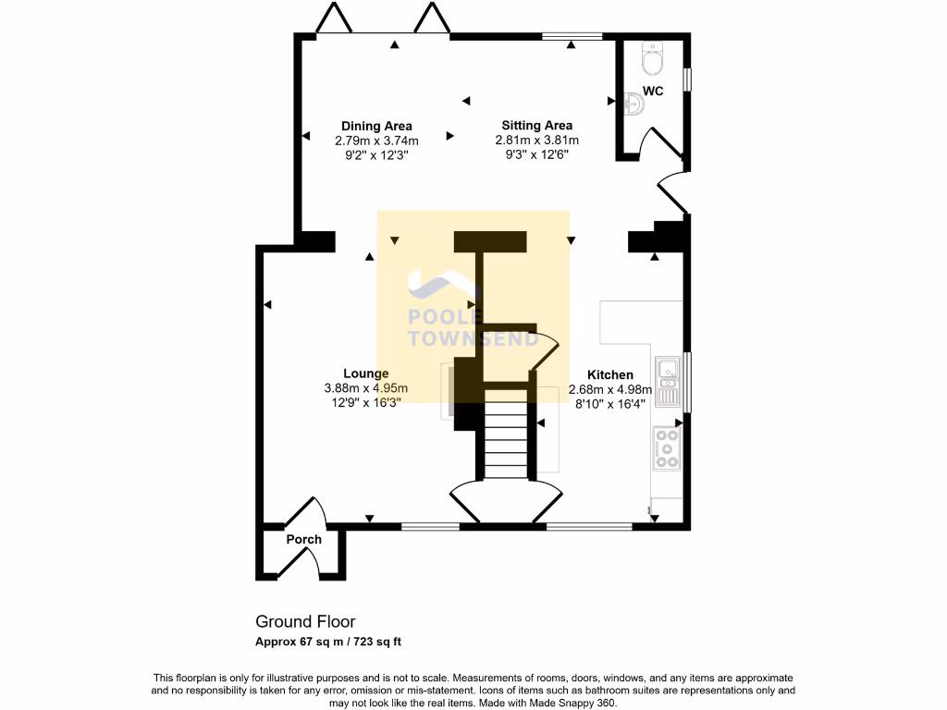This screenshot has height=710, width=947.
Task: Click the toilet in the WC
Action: click(x=652, y=60)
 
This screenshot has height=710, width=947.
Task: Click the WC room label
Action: click(x=653, y=92)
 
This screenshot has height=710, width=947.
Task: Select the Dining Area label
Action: click(x=376, y=126)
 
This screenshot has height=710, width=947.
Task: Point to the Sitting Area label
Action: click(x=536, y=126)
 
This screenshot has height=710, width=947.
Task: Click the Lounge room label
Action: click(x=366, y=373)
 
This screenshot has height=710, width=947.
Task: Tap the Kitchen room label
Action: click(x=610, y=374)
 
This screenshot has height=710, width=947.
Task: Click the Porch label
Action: click(x=303, y=539)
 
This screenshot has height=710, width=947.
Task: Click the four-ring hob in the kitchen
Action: click(x=666, y=447)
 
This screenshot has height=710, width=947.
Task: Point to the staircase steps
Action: click(x=507, y=444)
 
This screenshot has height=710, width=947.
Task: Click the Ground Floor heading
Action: click(x=305, y=622)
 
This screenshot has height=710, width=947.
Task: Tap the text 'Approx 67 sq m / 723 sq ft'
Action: click(x=328, y=642)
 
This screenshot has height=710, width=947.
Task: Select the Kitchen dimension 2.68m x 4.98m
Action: click(x=610, y=389)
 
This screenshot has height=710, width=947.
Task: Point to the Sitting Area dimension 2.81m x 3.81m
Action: click(x=536, y=141)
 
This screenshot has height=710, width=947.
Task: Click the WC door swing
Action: click(x=664, y=144)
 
